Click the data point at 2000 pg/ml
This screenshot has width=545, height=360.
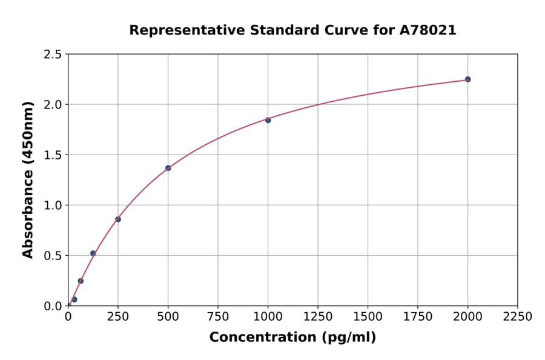[467, 79]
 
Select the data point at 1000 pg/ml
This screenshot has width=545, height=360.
[268, 120]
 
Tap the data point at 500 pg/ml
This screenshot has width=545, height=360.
[168, 168]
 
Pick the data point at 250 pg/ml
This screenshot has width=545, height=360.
[118, 219]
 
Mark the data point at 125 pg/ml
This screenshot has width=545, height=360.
[93, 253]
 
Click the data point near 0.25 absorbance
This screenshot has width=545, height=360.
[81, 281]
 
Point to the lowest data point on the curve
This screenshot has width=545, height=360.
[74, 299]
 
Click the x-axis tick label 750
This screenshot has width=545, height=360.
[218, 317]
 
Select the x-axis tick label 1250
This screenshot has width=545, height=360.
[318, 317]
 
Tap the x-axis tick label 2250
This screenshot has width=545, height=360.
[518, 317]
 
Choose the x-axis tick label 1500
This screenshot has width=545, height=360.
[368, 317]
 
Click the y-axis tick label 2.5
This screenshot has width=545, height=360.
[53, 55]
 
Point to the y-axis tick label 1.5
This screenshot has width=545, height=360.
[53, 155]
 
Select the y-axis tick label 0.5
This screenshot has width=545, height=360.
[53, 256]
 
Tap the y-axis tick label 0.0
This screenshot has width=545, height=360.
[53, 306]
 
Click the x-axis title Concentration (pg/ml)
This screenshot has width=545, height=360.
[292, 338]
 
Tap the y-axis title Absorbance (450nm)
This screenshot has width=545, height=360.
[28, 180]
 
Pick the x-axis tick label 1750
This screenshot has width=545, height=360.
[418, 317]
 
